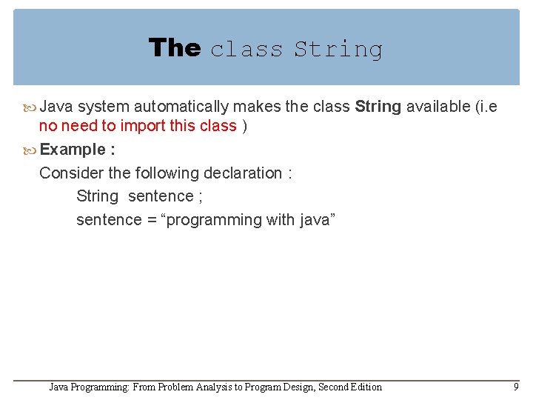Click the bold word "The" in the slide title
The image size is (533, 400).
click(x=175, y=48)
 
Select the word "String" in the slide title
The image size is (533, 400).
click(x=338, y=50)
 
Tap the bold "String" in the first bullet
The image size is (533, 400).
click(x=378, y=107)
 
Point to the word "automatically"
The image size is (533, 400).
click(x=180, y=107)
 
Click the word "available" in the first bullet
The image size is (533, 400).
click(x=438, y=107)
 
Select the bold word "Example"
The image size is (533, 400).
click(x=73, y=150)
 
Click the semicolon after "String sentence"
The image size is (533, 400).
click(x=200, y=196)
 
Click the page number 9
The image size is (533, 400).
click(x=516, y=386)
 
